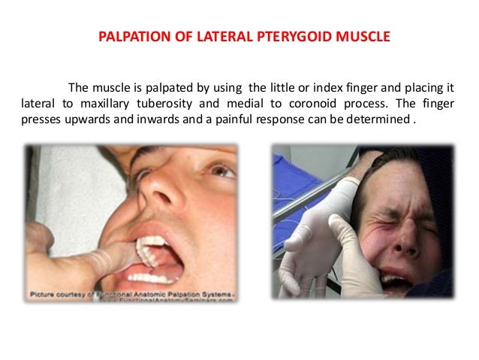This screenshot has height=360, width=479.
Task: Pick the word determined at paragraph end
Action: [x=378, y=119]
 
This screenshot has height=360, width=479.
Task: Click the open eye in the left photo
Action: [x=224, y=171]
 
